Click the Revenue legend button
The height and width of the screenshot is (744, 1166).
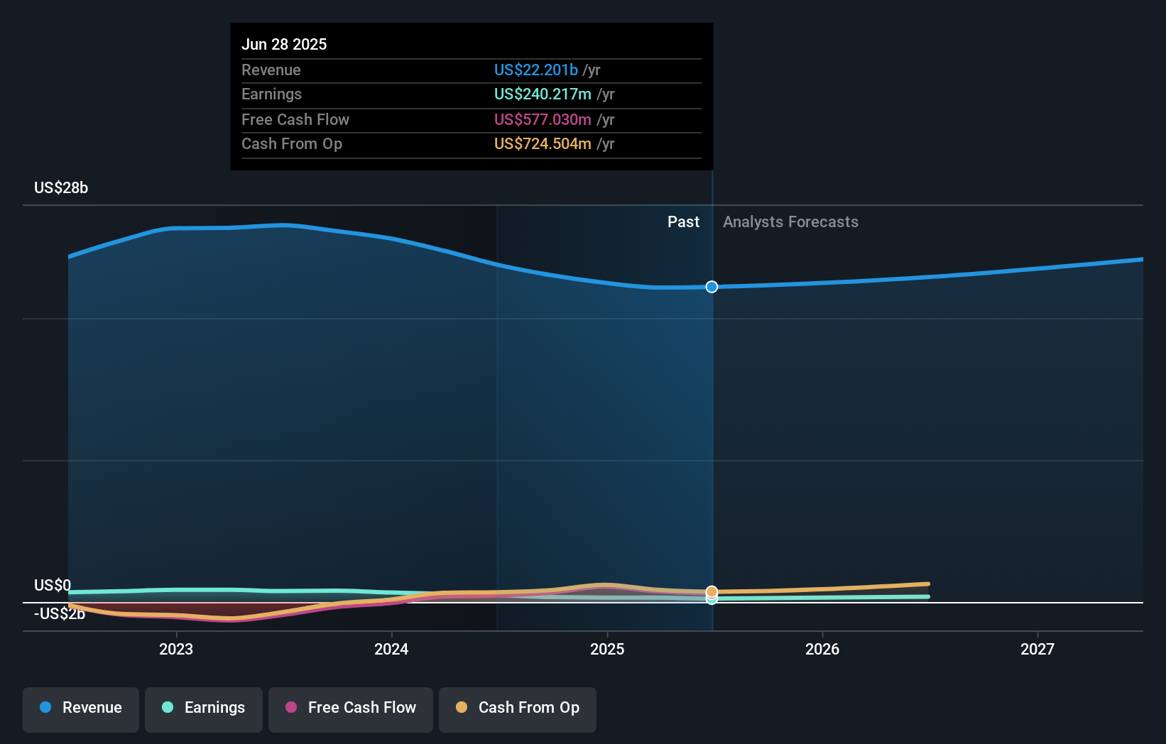click(x=81, y=708)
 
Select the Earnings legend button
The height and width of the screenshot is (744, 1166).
click(x=204, y=708)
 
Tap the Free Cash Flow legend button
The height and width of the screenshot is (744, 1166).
click(x=351, y=708)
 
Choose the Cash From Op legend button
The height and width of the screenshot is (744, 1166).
click(x=518, y=708)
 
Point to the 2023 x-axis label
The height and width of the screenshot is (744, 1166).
click(x=176, y=649)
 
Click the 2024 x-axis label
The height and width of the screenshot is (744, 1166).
click(x=391, y=649)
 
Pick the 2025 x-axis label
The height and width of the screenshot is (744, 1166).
click(x=607, y=649)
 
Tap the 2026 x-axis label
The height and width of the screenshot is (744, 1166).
click(x=822, y=649)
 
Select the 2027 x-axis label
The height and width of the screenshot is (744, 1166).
click(x=1037, y=649)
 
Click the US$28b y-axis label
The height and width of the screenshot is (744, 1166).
click(x=61, y=188)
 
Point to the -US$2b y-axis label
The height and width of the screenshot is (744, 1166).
click(x=60, y=614)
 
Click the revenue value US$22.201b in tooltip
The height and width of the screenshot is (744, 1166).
click(x=535, y=70)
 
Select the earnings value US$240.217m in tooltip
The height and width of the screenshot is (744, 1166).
click(x=543, y=94)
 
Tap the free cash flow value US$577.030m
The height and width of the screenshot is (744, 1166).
click(x=543, y=119)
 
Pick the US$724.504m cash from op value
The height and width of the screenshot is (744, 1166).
click(x=543, y=144)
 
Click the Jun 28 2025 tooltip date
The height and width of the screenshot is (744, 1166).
click(x=284, y=44)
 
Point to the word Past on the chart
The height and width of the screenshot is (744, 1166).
click(x=683, y=222)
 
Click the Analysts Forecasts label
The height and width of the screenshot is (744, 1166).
click(x=790, y=222)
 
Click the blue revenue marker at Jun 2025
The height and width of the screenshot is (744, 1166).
click(x=712, y=287)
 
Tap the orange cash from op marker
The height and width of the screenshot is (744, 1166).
click(x=712, y=591)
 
